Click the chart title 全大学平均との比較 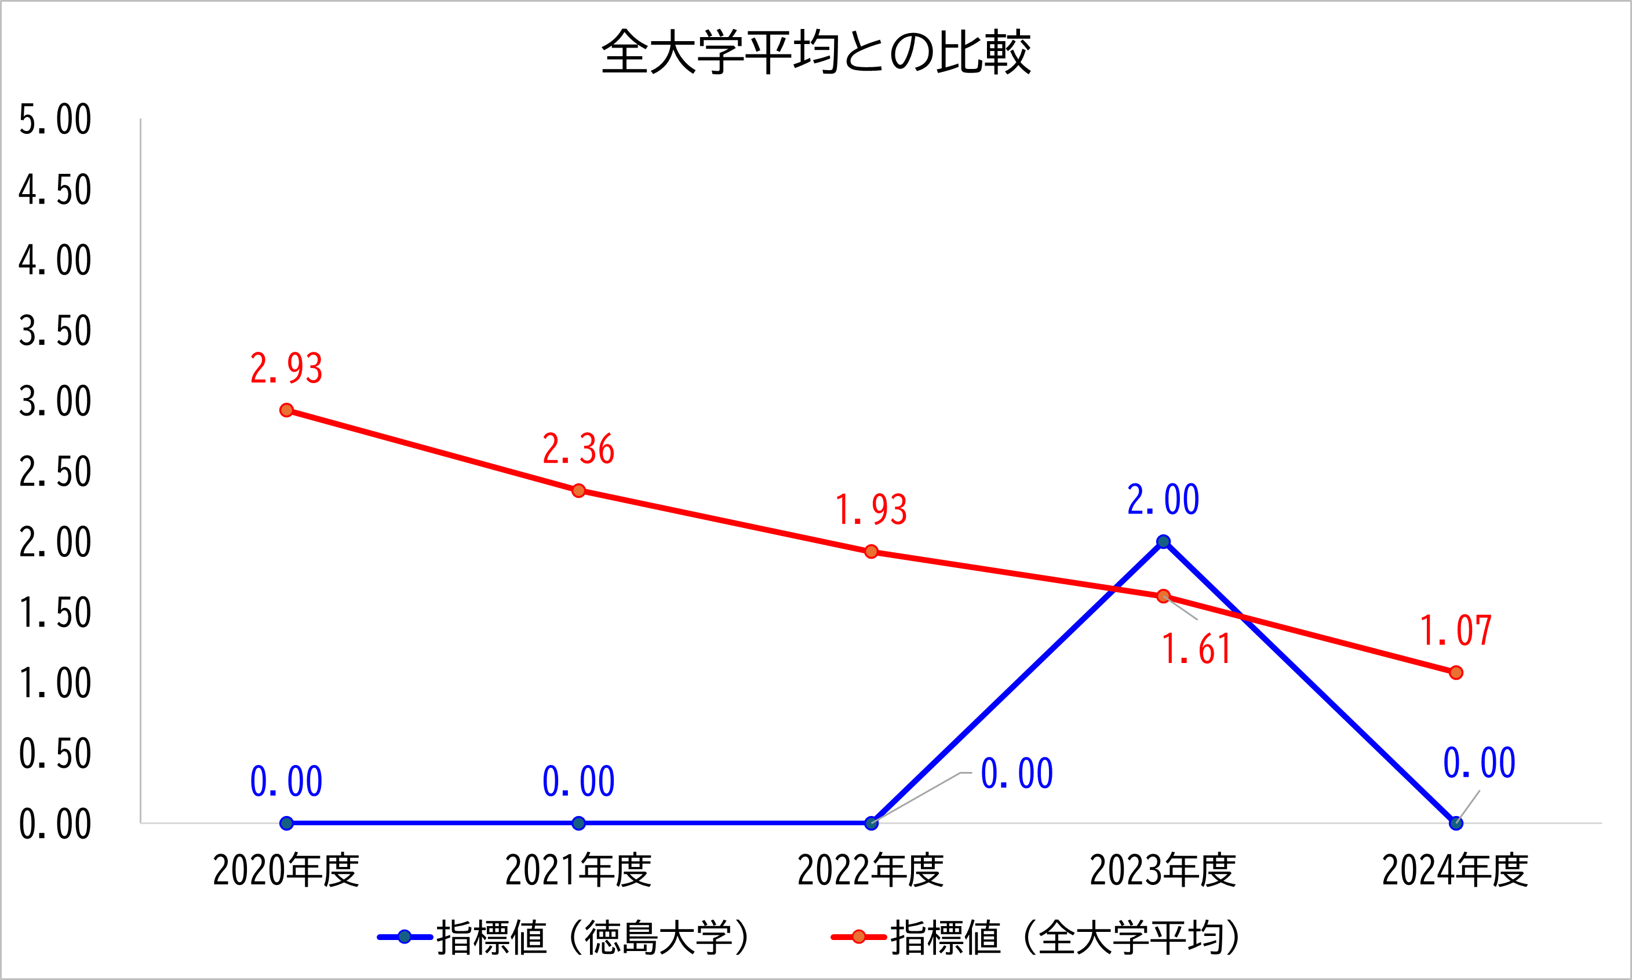tap(815, 52)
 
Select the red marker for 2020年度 tap(286, 410)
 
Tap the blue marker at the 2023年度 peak tap(1163, 541)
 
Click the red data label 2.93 tap(286, 369)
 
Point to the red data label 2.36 tap(578, 449)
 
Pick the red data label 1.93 tap(871, 510)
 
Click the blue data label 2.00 tap(1163, 500)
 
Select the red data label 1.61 tap(1196, 649)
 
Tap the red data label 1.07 tap(1456, 631)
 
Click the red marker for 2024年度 tap(1456, 672)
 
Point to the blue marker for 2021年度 tap(578, 823)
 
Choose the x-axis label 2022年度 tap(871, 870)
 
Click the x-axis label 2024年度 tap(1455, 870)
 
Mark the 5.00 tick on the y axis tap(55, 119)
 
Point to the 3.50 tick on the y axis tap(55, 331)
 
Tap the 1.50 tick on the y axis tap(55, 613)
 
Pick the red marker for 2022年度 tap(871, 551)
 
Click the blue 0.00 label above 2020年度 tap(286, 781)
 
